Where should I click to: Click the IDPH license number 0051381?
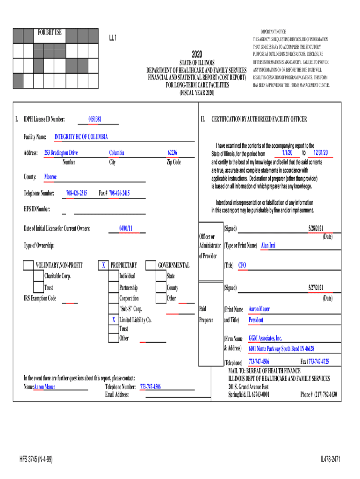(x=95, y=119)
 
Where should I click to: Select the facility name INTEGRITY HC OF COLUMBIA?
(x=81, y=137)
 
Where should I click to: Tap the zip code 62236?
(x=172, y=153)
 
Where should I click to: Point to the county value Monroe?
(x=50, y=177)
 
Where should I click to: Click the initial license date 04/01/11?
(x=126, y=228)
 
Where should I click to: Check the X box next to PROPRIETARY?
(x=103, y=265)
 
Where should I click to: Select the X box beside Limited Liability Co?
(x=113, y=320)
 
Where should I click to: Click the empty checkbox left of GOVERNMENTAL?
(x=151, y=265)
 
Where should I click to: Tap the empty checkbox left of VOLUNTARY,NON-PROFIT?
(x=29, y=265)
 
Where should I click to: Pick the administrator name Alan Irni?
(x=268, y=245)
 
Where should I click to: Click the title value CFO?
(x=242, y=265)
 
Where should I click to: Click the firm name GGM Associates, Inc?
(x=265, y=338)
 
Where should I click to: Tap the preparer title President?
(x=256, y=320)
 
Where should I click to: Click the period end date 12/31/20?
(x=321, y=153)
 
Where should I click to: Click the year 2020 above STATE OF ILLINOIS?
(x=197, y=54)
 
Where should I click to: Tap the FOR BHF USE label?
(x=50, y=33)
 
